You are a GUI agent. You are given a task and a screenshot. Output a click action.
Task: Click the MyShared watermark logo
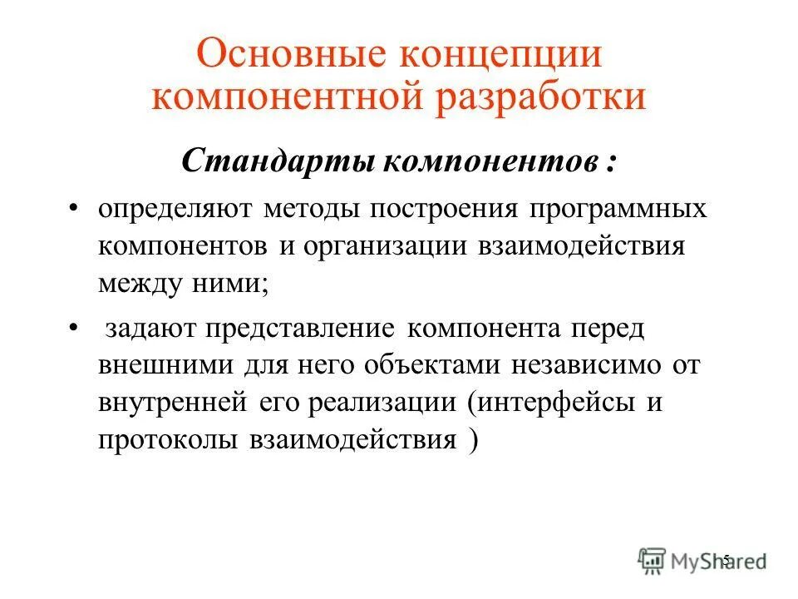702,560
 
